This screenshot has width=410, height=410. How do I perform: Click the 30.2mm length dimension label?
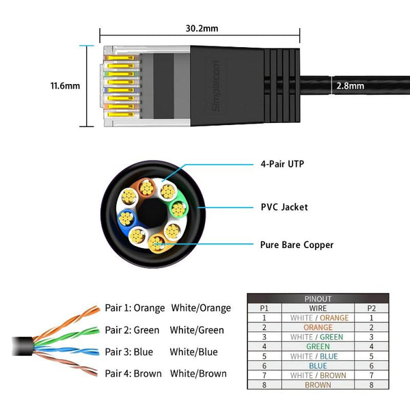tap(201, 28)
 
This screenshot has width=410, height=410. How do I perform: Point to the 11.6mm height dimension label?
tap(66, 86)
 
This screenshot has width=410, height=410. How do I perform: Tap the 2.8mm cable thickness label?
tap(350, 86)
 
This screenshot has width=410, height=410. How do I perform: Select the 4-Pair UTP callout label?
tap(282, 165)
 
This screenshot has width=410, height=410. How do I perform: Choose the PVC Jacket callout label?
tap(284, 207)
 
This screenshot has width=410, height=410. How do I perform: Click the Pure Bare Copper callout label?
tap(297, 244)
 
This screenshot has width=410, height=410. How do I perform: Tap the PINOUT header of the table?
tap(318, 299)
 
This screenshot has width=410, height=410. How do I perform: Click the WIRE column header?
tap(318, 308)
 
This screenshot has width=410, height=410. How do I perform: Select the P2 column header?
tap(372, 308)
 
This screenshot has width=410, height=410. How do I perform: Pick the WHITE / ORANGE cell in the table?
tap(318, 318)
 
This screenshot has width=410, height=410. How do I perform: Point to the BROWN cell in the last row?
tap(318, 385)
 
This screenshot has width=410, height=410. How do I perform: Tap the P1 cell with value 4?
tap(264, 346)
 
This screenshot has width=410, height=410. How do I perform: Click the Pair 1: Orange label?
tap(135, 308)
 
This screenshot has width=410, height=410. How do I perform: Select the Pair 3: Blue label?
tap(128, 352)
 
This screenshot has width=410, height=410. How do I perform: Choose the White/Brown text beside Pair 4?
tap(198, 374)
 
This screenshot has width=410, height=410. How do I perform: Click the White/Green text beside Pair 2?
tap(197, 330)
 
